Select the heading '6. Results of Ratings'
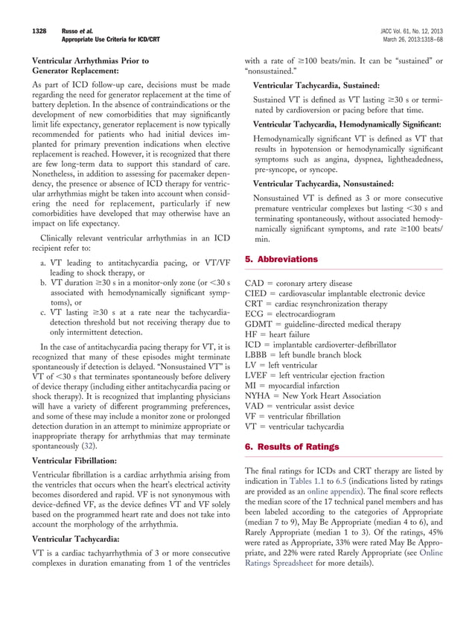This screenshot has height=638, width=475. pyautogui.click(x=292, y=447)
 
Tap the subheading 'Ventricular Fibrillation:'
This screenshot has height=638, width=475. pyautogui.click(x=74, y=462)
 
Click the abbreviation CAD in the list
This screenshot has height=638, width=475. pyautogui.click(x=255, y=283)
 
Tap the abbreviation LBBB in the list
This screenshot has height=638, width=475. pyautogui.click(x=258, y=355)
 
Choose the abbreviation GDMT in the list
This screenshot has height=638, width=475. pyautogui.click(x=258, y=325)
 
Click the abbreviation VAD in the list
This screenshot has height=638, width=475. pyautogui.click(x=255, y=407)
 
